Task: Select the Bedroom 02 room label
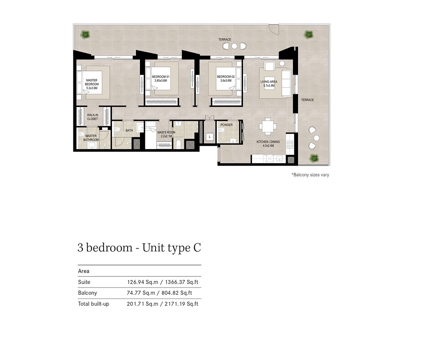point(226,77)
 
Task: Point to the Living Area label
point(269,82)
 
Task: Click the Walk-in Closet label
point(92,117)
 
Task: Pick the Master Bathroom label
point(91,138)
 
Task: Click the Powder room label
point(226,125)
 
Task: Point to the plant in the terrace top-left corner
point(85,34)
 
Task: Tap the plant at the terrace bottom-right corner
point(314,158)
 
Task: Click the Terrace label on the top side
point(225,39)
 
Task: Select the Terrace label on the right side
point(307,100)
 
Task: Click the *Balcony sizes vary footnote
point(310,174)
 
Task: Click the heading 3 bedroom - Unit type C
point(139,248)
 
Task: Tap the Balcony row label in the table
point(87,293)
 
